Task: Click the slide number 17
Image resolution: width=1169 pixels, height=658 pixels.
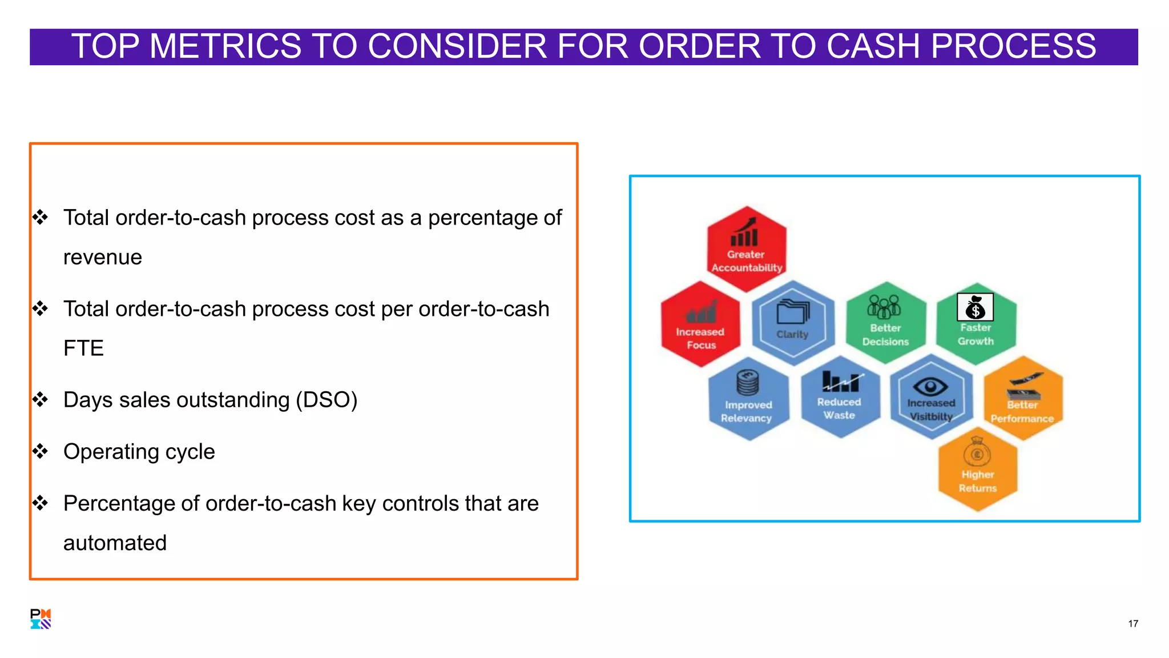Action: click(x=1132, y=624)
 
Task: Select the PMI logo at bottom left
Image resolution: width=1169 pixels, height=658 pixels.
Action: click(x=41, y=619)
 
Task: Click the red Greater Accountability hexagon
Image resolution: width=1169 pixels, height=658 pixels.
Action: click(x=746, y=249)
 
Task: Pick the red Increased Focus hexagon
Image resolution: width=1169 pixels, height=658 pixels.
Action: click(x=700, y=324)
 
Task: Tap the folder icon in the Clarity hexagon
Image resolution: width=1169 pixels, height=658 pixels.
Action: click(x=792, y=312)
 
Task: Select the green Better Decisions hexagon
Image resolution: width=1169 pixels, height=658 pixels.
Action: click(x=885, y=323)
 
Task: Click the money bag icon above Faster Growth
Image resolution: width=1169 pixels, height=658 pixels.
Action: click(x=975, y=307)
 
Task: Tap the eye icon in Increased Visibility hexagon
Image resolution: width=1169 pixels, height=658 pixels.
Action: click(x=930, y=387)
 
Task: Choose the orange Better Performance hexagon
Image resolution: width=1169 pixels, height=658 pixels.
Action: click(x=1022, y=399)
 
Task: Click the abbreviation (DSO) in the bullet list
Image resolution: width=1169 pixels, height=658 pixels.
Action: click(x=326, y=400)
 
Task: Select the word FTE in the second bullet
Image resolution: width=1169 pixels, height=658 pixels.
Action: click(x=83, y=348)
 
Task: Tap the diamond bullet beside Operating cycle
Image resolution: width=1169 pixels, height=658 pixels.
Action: click(x=40, y=452)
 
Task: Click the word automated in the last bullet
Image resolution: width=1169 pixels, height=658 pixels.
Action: click(x=115, y=543)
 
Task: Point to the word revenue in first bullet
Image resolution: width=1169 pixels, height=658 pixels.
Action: click(x=102, y=258)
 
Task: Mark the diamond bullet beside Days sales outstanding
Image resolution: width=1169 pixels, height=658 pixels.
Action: click(x=40, y=400)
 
